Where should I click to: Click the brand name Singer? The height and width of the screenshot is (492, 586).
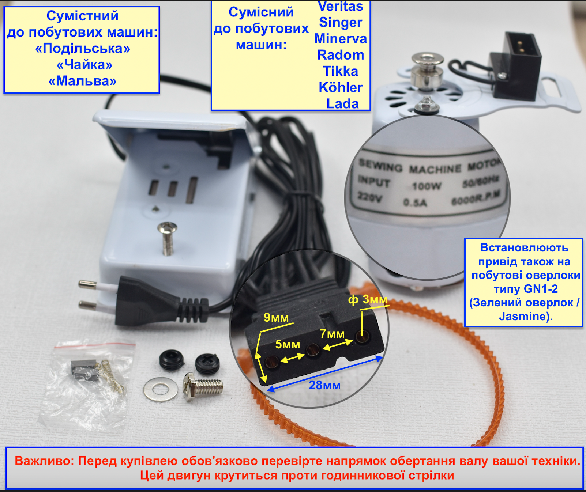pos(341,23)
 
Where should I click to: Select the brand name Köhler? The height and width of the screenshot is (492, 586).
pos(341,87)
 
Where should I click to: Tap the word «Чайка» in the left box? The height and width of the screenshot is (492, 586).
pos(84,65)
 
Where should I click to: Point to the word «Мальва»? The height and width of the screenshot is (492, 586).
pos(83,81)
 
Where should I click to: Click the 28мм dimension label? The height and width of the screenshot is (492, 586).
pos(324,385)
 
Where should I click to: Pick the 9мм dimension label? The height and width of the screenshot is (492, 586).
pos(276,318)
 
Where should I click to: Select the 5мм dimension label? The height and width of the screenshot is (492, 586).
pos(288,344)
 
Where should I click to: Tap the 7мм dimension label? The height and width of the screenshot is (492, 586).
pos(332,334)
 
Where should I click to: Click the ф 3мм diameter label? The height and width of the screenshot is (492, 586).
pos(368,299)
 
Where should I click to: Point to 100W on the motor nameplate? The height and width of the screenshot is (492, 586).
pos(427,186)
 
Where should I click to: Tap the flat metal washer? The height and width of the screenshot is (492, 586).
pos(161,389)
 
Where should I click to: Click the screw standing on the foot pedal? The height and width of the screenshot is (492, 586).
pos(167,238)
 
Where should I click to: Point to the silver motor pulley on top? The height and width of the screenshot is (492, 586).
pos(427,71)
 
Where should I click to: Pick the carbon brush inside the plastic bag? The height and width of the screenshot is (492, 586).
pos(83,367)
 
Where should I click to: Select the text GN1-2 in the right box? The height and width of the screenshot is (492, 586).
pos(541,289)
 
